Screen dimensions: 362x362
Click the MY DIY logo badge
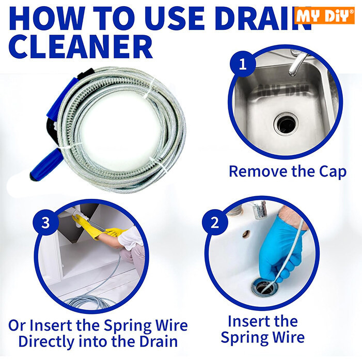pos(324,15)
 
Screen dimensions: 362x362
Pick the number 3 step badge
pos(46,223)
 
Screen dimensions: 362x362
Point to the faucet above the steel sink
pos(298,62)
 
